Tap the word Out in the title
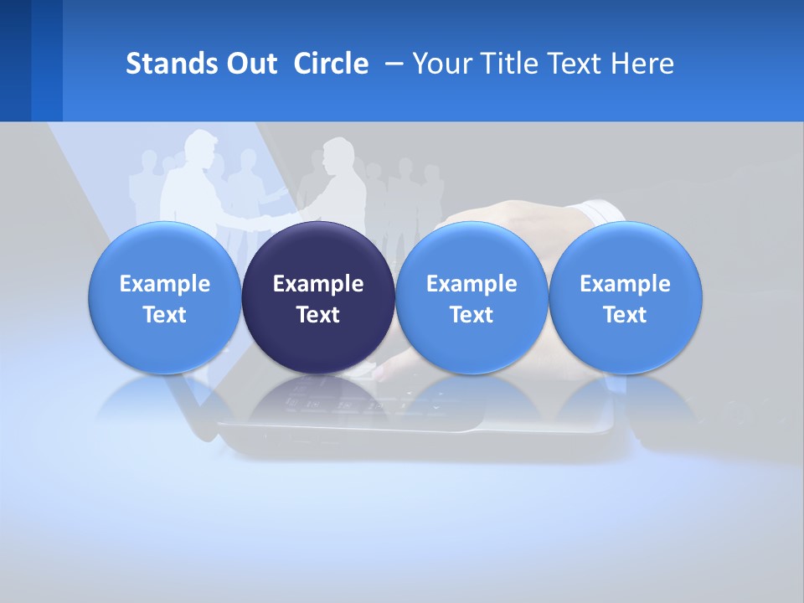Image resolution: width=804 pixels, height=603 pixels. point(249,64)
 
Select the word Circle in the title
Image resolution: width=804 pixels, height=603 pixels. point(331,64)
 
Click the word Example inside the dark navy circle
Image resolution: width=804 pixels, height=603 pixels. point(318,284)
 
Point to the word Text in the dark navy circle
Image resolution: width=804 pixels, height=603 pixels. point(318,315)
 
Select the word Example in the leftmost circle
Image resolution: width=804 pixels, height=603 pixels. point(165,284)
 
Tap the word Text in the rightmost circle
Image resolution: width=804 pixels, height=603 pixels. point(625,315)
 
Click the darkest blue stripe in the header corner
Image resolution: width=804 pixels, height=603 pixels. point(15,60)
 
